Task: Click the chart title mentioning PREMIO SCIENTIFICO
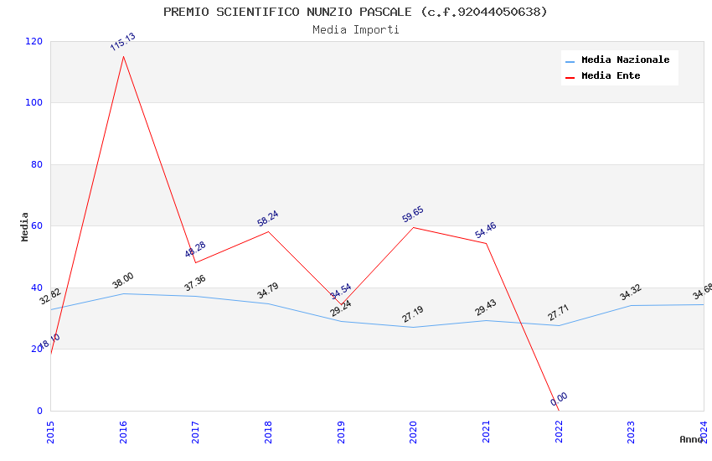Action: (x=355, y=12)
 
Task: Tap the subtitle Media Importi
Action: (x=355, y=29)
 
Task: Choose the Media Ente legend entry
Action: (x=611, y=75)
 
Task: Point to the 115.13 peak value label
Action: (x=122, y=42)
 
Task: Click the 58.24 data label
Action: (x=268, y=218)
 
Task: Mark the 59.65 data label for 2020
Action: (x=413, y=215)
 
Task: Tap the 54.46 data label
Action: (x=486, y=230)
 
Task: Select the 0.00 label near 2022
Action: (x=559, y=399)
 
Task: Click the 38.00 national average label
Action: (x=122, y=281)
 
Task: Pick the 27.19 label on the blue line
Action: (x=413, y=314)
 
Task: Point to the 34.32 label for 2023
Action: (x=631, y=293)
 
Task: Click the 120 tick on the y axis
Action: (x=34, y=41)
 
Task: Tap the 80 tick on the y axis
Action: (x=37, y=164)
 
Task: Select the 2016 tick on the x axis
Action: (x=123, y=431)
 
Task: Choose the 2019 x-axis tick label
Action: (x=341, y=431)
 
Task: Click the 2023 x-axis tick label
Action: (x=631, y=431)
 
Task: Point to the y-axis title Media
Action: (x=25, y=226)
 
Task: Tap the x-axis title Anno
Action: (x=691, y=439)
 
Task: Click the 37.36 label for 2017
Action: (x=195, y=283)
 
